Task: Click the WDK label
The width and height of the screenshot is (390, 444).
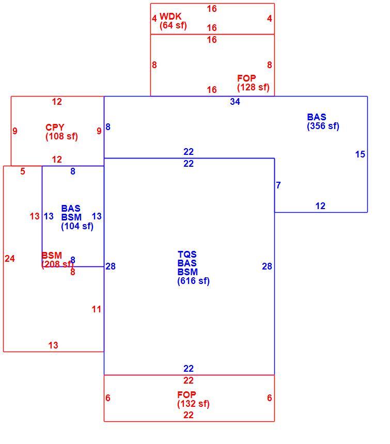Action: click(170, 16)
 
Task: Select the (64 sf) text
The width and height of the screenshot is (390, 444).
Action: click(173, 25)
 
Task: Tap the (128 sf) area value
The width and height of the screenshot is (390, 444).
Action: click(253, 87)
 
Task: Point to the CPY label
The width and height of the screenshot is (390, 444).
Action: click(55, 127)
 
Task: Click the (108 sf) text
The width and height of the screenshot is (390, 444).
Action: click(61, 136)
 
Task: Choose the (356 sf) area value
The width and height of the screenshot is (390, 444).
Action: click(323, 126)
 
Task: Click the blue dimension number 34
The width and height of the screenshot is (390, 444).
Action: click(235, 102)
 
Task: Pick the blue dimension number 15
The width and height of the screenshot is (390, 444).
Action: click(360, 154)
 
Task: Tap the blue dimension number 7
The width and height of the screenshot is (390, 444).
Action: click(278, 185)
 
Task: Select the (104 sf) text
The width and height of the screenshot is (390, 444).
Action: click(77, 226)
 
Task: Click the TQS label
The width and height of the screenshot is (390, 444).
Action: click(187, 254)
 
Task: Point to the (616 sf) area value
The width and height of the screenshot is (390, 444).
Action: click(193, 281)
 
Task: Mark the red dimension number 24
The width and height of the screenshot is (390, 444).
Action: click(10, 259)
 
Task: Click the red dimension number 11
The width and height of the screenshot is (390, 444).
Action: click(96, 309)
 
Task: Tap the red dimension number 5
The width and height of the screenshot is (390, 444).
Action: click(23, 171)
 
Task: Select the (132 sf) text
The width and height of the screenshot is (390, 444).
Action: click(193, 404)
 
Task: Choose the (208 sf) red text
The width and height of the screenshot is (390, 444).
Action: click(57, 264)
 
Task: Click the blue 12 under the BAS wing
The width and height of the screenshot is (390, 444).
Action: click(320, 206)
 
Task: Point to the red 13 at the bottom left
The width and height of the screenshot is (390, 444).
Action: click(53, 345)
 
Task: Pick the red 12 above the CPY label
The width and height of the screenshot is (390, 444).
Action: click(57, 102)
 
